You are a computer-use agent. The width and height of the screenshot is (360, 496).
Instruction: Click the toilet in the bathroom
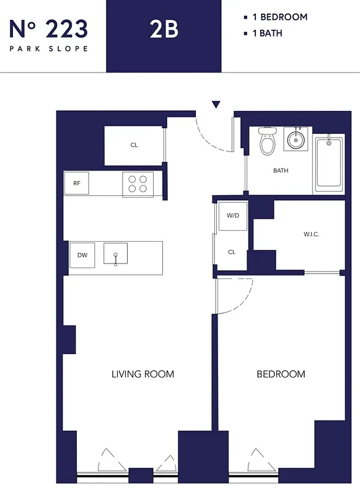pos(267,142)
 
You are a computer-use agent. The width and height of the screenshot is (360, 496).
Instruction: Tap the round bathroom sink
pos(296,139)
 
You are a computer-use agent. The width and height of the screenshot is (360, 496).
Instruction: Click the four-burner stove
pos(138,184)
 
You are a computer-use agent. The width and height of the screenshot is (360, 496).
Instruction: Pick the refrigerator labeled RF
pos(77,183)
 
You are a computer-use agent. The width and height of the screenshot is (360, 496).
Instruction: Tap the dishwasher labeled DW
pos(82,255)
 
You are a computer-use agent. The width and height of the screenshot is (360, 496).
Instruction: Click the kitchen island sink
pos(115,255)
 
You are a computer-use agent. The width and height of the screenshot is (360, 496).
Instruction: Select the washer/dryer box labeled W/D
pos(233,216)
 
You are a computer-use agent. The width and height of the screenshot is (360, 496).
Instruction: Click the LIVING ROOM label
pos(143,374)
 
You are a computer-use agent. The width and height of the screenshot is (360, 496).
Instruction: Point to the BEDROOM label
pos(281,374)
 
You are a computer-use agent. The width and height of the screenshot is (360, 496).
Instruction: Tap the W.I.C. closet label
pos(311,234)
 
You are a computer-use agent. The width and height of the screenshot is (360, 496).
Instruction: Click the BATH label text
pos(281,170)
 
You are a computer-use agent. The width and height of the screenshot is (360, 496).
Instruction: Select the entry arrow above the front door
pos(216,105)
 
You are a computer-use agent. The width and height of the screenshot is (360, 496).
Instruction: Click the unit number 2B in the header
pos(164,29)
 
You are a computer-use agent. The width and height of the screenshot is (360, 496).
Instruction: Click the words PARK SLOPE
pos(48,48)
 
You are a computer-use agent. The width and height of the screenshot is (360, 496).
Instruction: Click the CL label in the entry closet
pos(134,145)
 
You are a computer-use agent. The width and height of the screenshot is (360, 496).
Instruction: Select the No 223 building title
pos(48,28)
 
